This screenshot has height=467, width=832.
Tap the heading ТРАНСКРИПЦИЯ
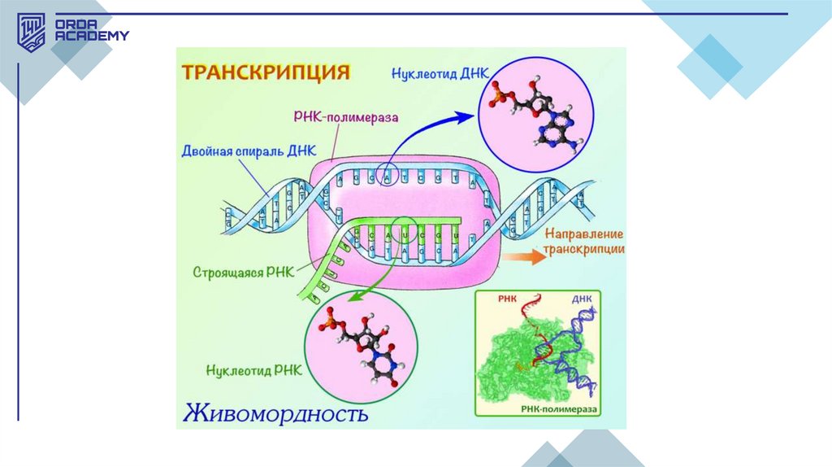point(265,72)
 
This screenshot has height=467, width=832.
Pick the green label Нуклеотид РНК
point(254,369)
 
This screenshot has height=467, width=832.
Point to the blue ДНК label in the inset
point(581,299)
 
